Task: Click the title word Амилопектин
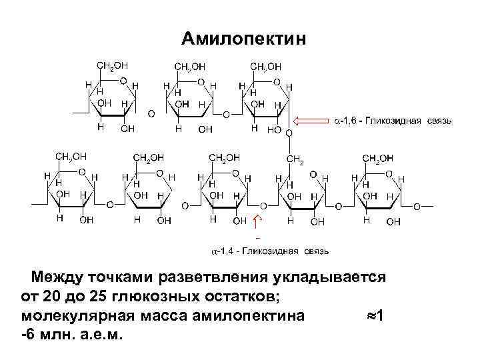point(244,39)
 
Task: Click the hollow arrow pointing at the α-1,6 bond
point(309,121)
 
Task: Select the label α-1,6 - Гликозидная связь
point(393,121)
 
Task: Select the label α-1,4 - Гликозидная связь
point(270,251)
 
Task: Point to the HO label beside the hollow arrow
point(273,130)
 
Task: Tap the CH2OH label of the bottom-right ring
point(377,158)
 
